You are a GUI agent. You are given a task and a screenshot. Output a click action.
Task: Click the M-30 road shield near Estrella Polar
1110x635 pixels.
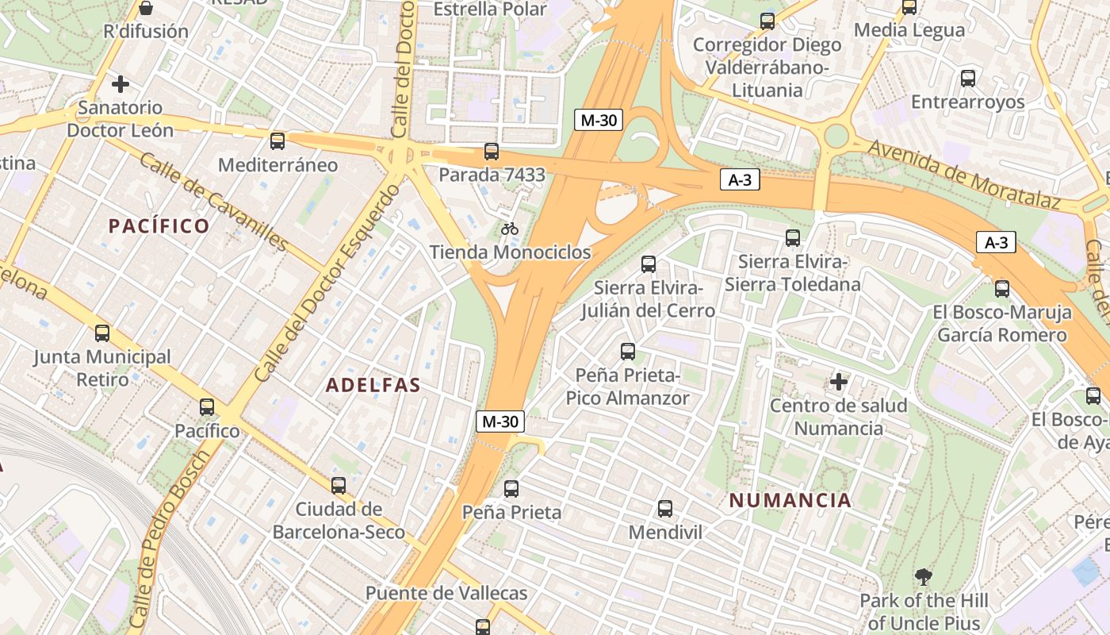click(x=599, y=121)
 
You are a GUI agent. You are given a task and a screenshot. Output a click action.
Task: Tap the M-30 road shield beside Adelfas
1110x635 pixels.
click(x=500, y=421)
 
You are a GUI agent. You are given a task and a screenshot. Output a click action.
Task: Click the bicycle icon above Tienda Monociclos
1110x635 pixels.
click(x=510, y=229)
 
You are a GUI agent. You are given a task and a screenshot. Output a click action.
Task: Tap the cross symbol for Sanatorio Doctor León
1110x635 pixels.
click(x=121, y=83)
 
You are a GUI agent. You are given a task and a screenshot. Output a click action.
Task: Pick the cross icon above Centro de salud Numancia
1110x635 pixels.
click(x=839, y=383)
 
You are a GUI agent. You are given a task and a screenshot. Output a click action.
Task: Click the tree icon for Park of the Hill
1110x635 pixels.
click(x=923, y=577)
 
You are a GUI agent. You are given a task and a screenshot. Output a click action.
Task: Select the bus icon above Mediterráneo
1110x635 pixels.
click(x=277, y=141)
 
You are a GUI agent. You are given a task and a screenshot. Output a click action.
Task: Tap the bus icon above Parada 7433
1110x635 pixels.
click(x=492, y=152)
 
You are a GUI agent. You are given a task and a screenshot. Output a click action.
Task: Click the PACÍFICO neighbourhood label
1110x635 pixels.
click(x=159, y=226)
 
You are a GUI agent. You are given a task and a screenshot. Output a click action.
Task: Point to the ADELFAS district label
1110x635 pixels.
click(x=373, y=386)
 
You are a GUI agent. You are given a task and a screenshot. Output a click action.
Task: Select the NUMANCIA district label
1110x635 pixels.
click(x=790, y=501)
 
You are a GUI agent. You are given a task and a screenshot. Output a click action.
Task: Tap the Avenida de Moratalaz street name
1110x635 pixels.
click(x=963, y=175)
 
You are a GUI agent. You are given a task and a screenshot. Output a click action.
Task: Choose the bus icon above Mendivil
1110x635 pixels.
click(x=665, y=509)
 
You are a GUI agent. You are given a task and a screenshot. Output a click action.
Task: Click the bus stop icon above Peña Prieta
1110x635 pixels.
click(x=511, y=489)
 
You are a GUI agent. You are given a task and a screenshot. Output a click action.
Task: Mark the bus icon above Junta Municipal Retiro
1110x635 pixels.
click(x=102, y=333)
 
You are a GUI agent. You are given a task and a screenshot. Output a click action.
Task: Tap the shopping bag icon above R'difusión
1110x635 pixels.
click(x=146, y=9)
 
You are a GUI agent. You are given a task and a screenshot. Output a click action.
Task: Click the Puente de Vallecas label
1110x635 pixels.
click(x=446, y=593)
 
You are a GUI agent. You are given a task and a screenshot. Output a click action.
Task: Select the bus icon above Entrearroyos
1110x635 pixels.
click(x=967, y=79)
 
